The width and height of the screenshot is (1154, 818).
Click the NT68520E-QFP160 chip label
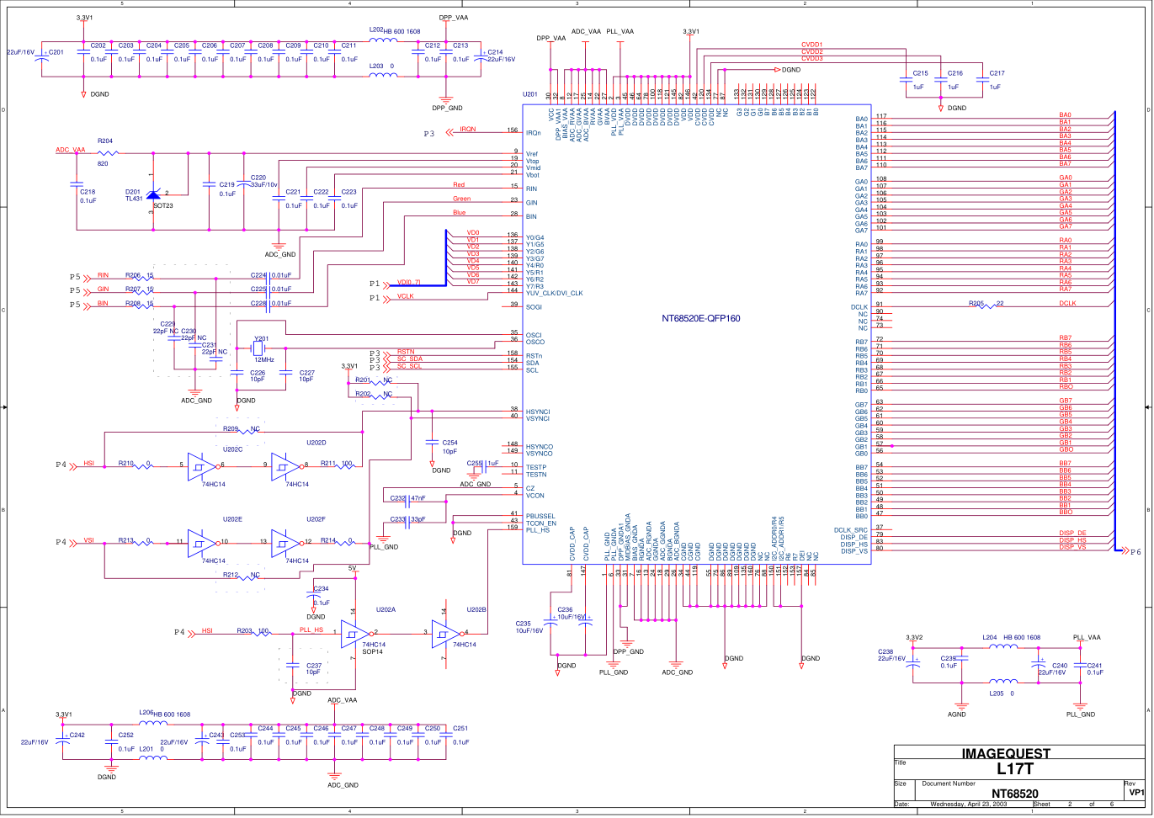click(700, 318)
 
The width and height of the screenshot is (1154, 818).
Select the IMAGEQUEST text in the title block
click(1006, 753)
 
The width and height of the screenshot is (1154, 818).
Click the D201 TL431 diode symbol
click(153, 195)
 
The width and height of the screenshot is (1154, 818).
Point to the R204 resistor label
click(105, 141)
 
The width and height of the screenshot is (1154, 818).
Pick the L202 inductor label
click(376, 30)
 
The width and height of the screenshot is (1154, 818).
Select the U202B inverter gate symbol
click(445, 633)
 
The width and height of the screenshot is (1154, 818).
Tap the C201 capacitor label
click(56, 52)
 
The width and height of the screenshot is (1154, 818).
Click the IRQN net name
click(468, 130)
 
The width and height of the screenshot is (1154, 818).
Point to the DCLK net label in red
click(1067, 303)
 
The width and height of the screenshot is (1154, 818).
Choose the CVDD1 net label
click(811, 45)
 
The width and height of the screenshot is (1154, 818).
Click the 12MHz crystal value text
click(264, 360)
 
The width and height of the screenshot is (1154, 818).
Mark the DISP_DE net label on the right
click(1072, 534)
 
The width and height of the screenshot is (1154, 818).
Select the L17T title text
click(1013, 768)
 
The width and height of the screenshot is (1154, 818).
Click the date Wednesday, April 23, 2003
click(968, 804)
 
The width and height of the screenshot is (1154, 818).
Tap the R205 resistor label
click(976, 303)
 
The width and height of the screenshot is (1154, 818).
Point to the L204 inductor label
click(990, 637)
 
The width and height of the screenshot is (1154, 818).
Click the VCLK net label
click(406, 296)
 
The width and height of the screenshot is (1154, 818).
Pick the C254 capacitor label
click(449, 443)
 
